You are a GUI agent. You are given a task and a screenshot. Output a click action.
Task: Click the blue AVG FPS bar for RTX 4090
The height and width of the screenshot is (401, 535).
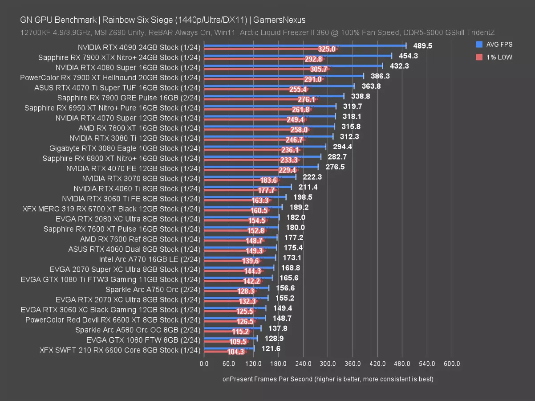point(305,45)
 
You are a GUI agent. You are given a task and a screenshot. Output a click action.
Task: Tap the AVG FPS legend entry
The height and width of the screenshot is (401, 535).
point(494,45)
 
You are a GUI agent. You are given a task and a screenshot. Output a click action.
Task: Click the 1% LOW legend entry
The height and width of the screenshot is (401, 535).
point(494,57)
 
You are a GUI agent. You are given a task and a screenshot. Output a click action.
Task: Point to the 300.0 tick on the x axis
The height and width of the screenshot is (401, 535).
point(328,364)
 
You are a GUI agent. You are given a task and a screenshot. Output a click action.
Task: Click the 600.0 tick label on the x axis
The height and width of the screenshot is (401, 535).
point(451,364)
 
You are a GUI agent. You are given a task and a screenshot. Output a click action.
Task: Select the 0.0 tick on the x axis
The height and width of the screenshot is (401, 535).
point(204,364)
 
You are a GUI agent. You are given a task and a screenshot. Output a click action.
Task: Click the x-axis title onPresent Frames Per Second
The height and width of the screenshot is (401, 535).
point(328,379)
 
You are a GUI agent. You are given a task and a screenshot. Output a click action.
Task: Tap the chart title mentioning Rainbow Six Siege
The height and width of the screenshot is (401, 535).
point(162,20)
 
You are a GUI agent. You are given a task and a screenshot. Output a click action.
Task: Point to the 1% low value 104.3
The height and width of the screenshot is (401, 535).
point(235,352)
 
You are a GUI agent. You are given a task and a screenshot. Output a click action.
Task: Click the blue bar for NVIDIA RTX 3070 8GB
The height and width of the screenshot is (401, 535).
point(249,176)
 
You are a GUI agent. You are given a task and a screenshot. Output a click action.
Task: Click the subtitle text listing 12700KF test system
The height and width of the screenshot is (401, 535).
point(257,33)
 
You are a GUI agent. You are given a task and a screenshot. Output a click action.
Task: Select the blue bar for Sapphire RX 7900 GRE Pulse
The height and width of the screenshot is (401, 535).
point(274,95)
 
